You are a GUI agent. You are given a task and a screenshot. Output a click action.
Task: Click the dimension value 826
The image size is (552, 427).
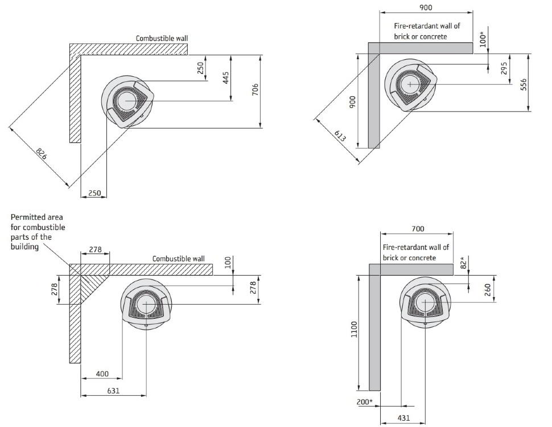tap(41, 153)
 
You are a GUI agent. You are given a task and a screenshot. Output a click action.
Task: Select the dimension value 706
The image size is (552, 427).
tap(255, 90)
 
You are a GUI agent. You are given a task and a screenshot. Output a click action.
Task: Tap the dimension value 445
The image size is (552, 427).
tap(225, 77)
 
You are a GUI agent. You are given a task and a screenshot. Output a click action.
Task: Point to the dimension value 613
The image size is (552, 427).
tap(340, 136)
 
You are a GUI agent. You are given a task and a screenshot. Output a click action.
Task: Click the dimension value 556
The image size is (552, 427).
tap(524, 83)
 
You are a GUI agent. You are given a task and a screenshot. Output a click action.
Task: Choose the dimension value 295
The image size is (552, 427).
tap(504, 69)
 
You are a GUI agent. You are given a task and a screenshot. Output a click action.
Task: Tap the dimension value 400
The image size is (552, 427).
tap(102, 373)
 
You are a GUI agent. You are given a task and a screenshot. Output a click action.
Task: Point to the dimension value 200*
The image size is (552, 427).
tap(365, 403)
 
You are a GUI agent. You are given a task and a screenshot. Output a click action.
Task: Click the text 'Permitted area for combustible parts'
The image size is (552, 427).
tap(37, 232)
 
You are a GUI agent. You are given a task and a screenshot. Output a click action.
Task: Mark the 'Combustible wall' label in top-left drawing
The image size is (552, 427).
tap(161, 38)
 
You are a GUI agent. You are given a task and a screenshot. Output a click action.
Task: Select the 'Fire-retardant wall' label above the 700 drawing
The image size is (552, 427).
tap(415, 252)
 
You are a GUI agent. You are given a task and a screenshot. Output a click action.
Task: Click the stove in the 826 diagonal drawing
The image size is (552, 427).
tap(127, 101)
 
